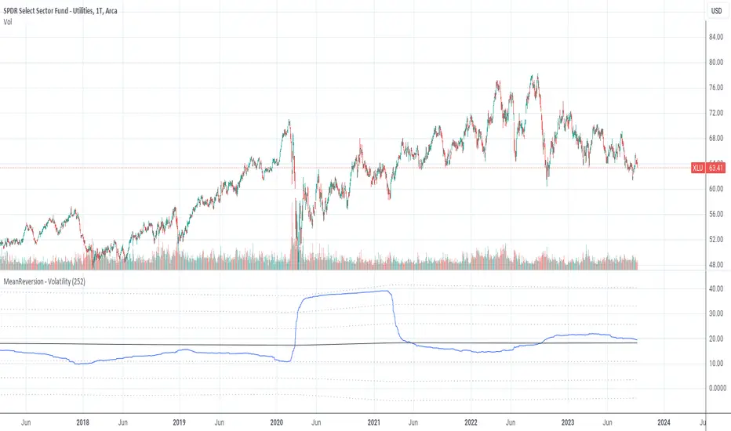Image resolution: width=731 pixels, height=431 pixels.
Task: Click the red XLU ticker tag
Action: [697, 168]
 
